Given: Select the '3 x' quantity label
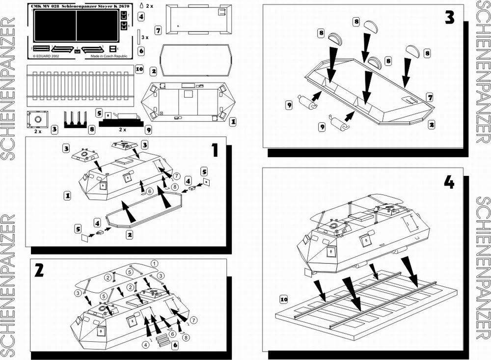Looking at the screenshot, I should [141, 37].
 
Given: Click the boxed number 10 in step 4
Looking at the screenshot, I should [283, 299].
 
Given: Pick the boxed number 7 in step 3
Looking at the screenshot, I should [430, 98].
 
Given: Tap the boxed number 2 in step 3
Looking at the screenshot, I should [431, 125].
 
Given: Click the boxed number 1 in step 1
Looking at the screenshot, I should [67, 195].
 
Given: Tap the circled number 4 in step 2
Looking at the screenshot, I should [145, 344].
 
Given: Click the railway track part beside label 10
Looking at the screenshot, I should [82, 83].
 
